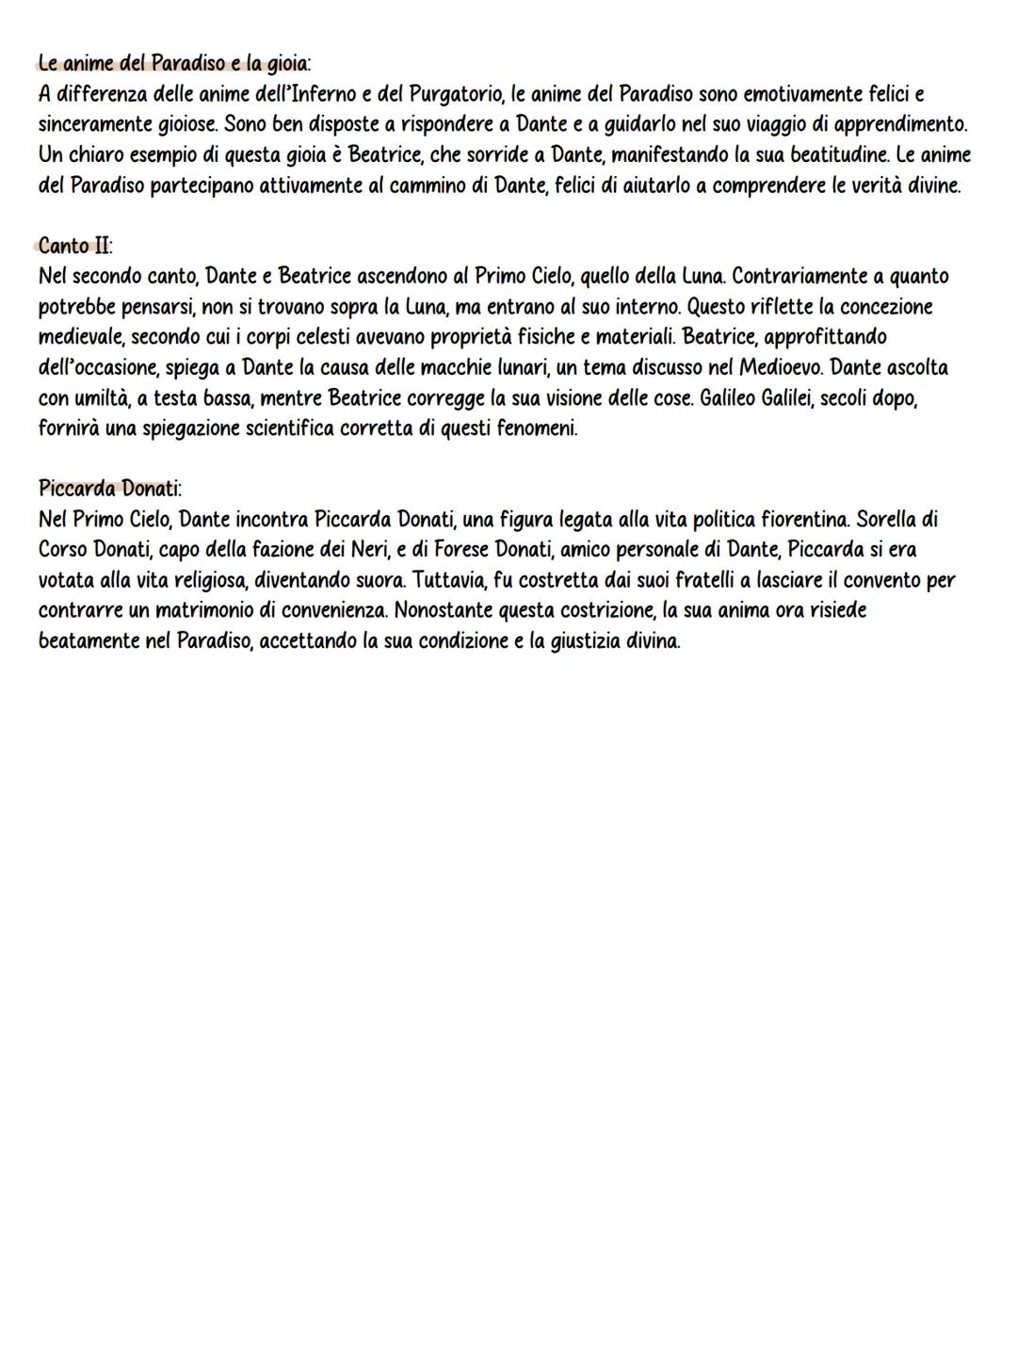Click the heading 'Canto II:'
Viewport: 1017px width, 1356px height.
pos(75,247)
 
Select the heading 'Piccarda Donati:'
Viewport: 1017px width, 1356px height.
pos(110,489)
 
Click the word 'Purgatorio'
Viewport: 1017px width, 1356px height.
pos(458,94)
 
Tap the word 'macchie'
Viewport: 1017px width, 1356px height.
pos(436,367)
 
